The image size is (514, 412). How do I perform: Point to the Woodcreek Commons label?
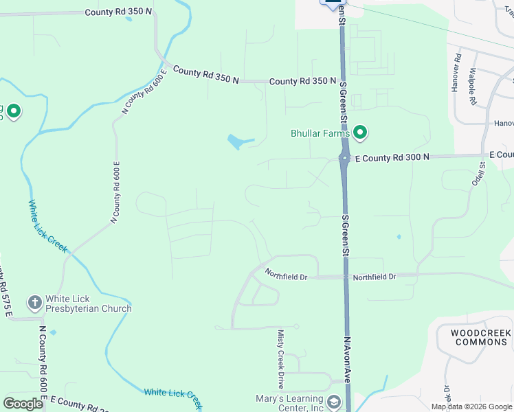pos(482,337)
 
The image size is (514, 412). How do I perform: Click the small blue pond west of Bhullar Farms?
pos(236,142)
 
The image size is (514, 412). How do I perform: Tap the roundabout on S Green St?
pos(344,158)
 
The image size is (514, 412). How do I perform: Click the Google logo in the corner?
pos(23,404)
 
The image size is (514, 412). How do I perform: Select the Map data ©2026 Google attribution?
pos(471,407)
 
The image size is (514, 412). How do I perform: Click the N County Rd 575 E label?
pos(6,289)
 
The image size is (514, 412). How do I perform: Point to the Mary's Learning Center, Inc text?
pos(289,403)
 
